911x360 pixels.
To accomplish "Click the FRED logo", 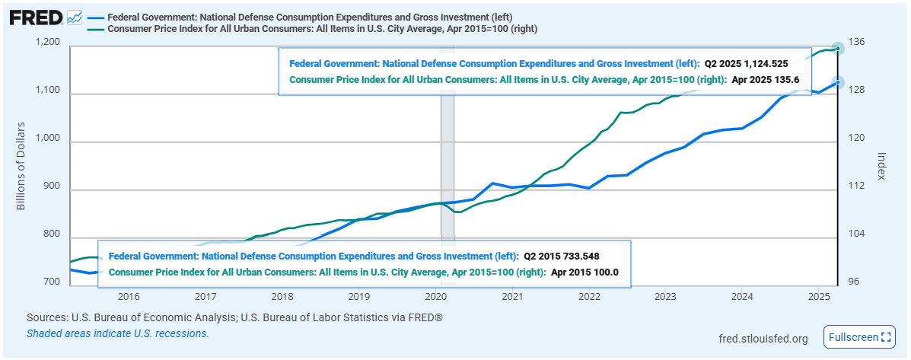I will [x=36, y=17].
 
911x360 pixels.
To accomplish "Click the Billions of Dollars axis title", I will [x=21, y=165].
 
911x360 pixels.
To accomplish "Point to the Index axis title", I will [x=882, y=164].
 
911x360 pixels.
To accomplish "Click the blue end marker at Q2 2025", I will [x=838, y=83].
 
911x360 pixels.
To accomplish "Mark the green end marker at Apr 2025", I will [x=838, y=49].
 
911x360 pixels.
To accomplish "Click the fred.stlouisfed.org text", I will [x=763, y=338].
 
